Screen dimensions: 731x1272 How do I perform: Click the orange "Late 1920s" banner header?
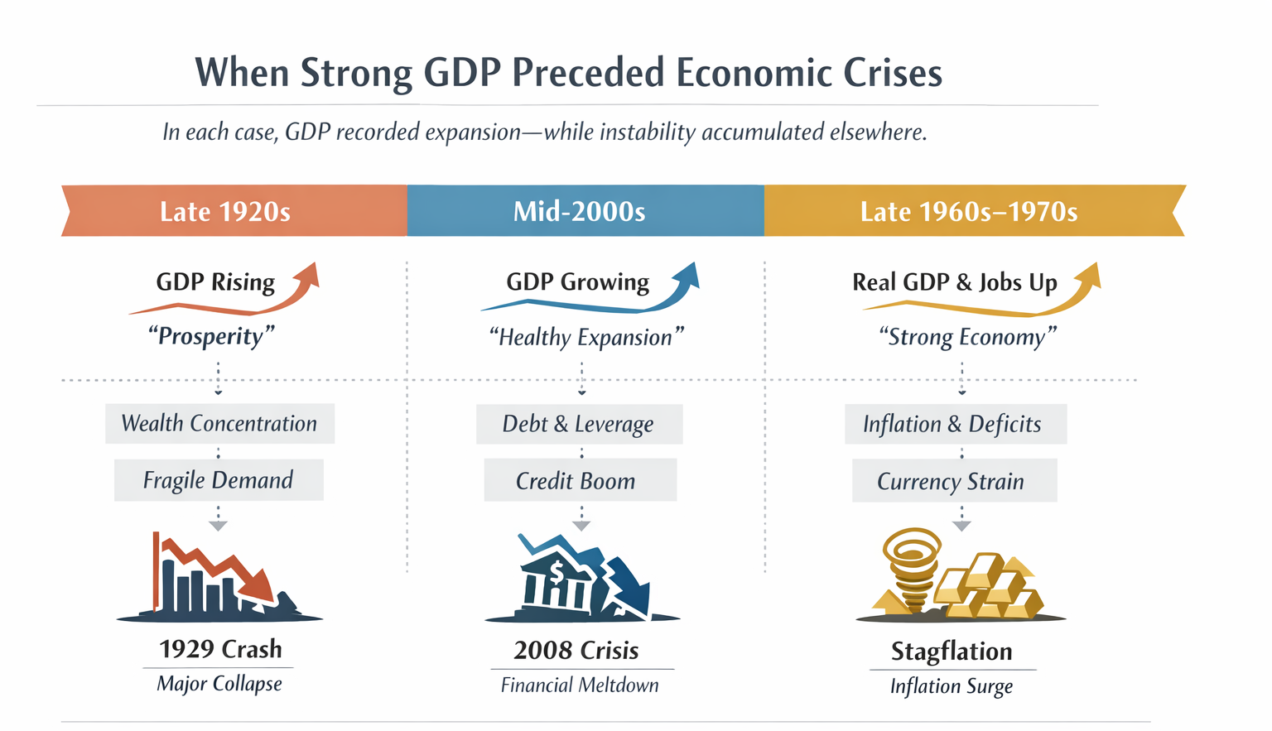(225, 211)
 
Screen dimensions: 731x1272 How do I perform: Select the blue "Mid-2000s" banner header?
(580, 211)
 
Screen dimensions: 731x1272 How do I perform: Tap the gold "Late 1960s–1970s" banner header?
(969, 211)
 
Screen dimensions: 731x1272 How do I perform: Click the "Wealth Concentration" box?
(219, 424)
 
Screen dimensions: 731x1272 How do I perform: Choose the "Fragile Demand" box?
(219, 480)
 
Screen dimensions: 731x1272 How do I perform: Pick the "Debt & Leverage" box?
(579, 424)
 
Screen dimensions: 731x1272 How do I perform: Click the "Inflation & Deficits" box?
(953, 424)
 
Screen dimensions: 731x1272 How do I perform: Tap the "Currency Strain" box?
(953, 481)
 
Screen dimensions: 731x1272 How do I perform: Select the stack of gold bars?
(990, 588)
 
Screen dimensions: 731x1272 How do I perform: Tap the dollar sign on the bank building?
(556, 570)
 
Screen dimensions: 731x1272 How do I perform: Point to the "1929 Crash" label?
(220, 649)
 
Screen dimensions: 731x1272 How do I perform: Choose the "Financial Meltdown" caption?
(580, 685)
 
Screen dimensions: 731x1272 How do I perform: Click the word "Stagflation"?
(952, 652)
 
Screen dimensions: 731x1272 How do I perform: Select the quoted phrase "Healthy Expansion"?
(586, 338)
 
